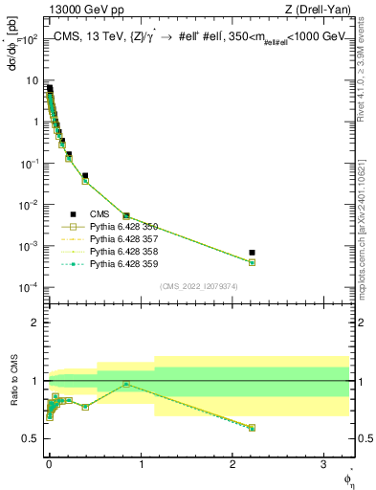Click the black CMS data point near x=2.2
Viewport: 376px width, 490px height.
pos(252,253)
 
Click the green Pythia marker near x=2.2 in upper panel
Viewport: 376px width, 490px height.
pos(252,262)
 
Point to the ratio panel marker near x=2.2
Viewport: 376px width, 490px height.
pos(252,428)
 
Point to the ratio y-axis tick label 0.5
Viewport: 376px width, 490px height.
pos(33,438)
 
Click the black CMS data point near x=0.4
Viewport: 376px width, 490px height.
pos(85,176)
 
